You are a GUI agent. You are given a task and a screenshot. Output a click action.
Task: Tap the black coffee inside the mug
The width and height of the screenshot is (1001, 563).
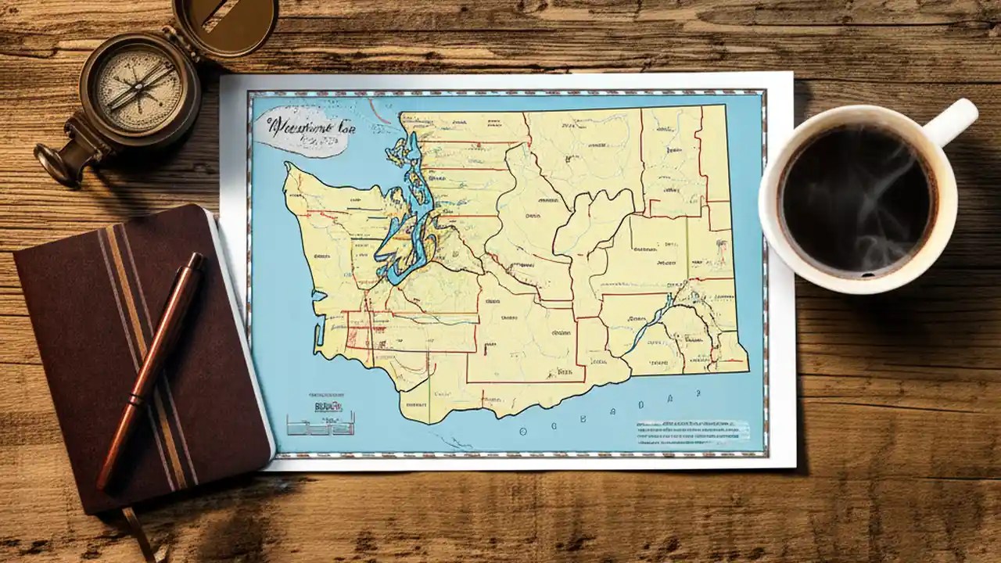[x=857, y=199]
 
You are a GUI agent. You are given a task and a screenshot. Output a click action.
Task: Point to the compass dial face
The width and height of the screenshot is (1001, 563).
[x=139, y=88]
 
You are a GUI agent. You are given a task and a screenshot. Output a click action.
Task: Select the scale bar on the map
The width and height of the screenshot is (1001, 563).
[x=320, y=423]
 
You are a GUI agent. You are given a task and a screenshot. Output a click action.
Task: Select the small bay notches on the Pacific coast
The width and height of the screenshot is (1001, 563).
[x=318, y=313]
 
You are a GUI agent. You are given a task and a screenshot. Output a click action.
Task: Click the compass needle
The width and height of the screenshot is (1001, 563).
[x=141, y=86]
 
